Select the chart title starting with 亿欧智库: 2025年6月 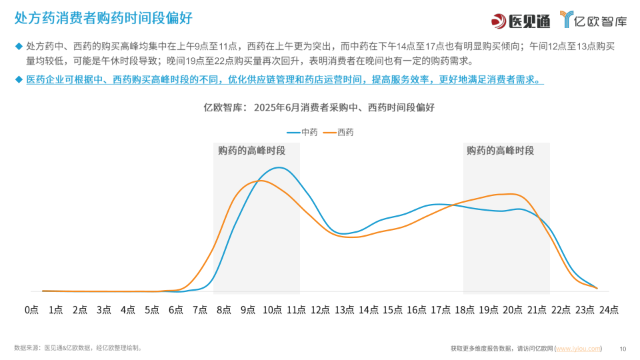[319, 107]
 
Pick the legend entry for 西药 [338, 132]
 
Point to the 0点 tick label [31, 310]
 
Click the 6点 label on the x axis [177, 310]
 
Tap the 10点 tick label [272, 310]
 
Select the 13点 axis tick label [344, 310]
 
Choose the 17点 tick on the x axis [440, 310]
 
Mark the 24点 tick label [608, 310]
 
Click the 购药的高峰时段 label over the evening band [501, 151]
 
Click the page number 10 [623, 349]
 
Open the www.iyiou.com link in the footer [578, 349]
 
